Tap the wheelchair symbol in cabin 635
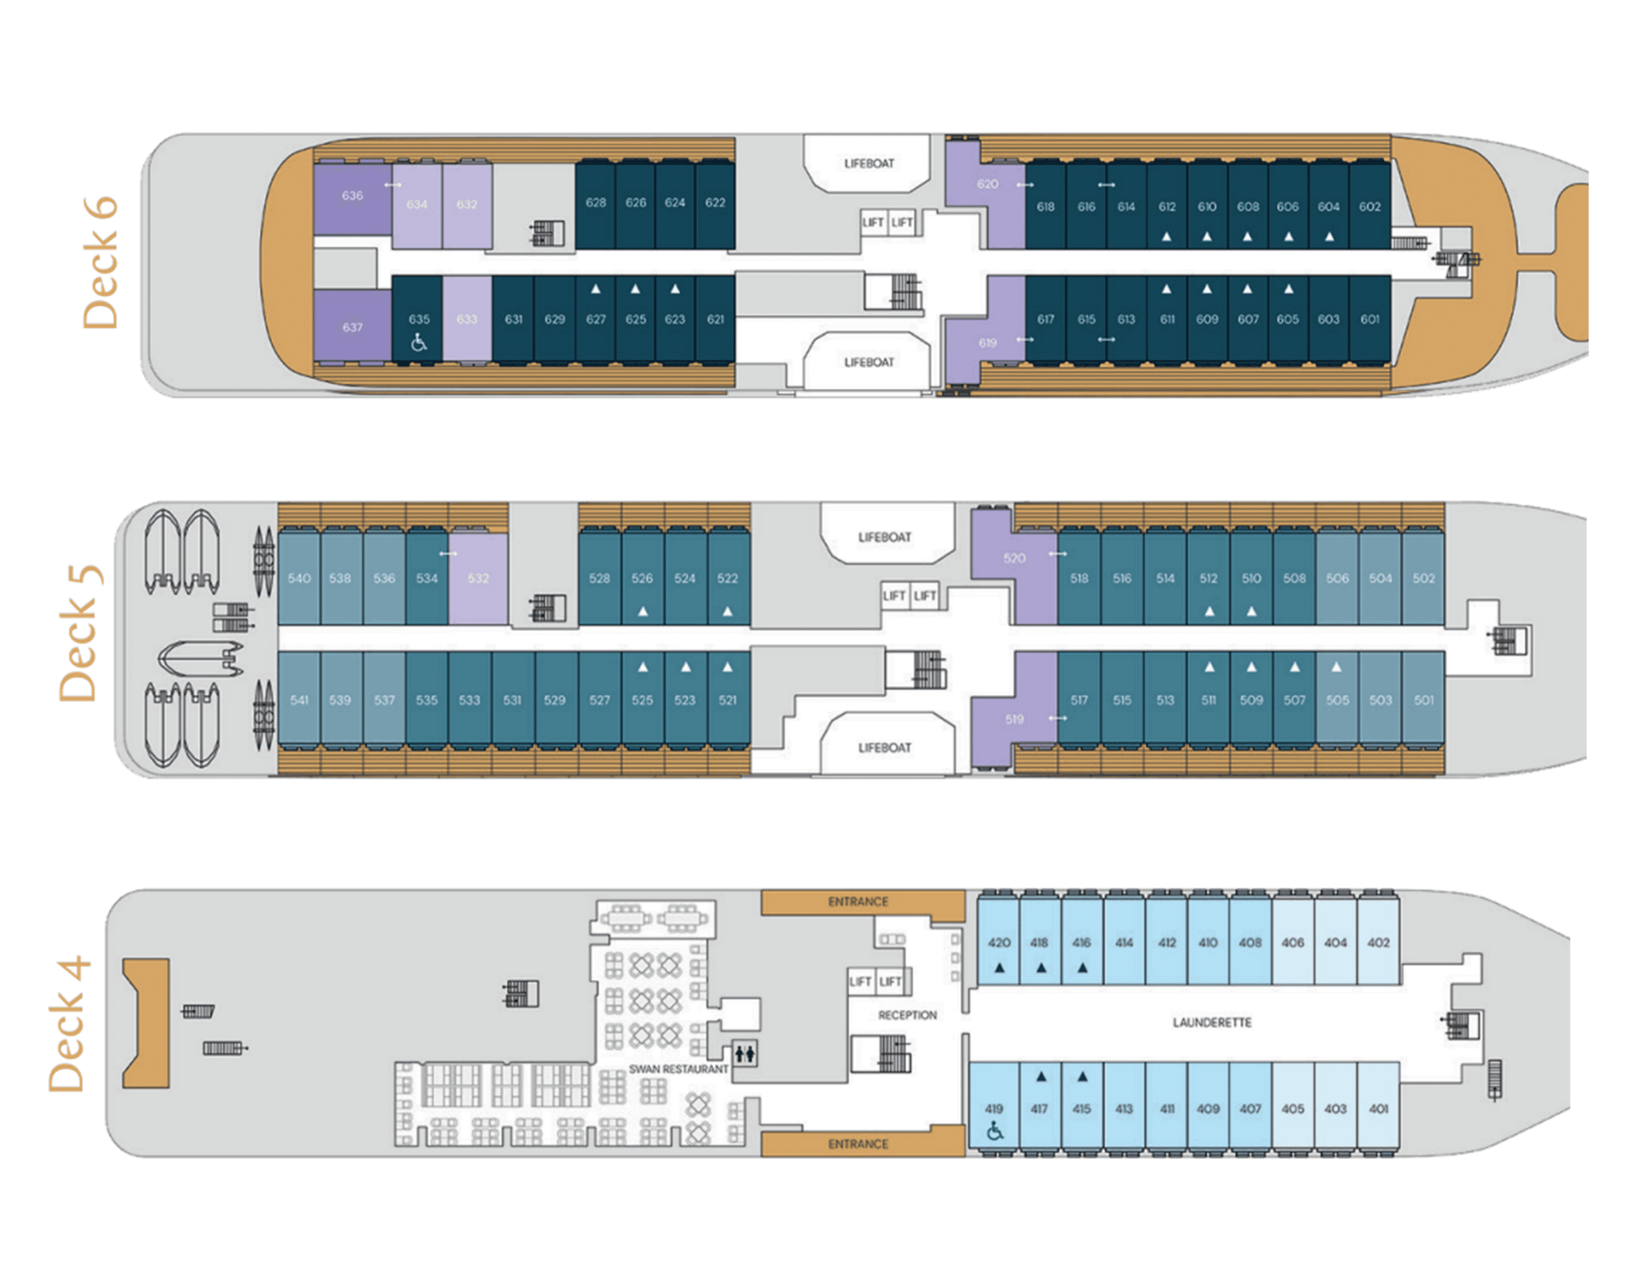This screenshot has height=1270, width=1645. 419,344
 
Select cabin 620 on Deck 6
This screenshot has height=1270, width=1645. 987,184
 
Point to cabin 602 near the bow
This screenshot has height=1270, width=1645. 1369,206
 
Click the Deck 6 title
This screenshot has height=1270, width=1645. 100,263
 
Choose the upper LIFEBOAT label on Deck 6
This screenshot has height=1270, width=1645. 869,163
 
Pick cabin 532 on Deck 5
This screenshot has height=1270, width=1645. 477,578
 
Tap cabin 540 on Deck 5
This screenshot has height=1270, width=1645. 299,578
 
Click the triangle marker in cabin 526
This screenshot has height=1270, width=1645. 643,611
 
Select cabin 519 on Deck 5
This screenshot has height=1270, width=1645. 1014,719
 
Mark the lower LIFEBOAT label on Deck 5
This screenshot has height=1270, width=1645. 884,747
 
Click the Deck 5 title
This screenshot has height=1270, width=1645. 80,633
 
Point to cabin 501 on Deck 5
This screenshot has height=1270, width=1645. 1423,700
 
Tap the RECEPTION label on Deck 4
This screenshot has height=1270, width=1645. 907,1015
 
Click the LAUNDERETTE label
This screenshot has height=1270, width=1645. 1211,1022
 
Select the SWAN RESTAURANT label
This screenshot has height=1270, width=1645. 678,1069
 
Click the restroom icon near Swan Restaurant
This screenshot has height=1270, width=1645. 744,1053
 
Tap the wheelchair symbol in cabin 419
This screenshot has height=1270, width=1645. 994,1131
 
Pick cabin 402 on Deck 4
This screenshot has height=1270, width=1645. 1378,943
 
